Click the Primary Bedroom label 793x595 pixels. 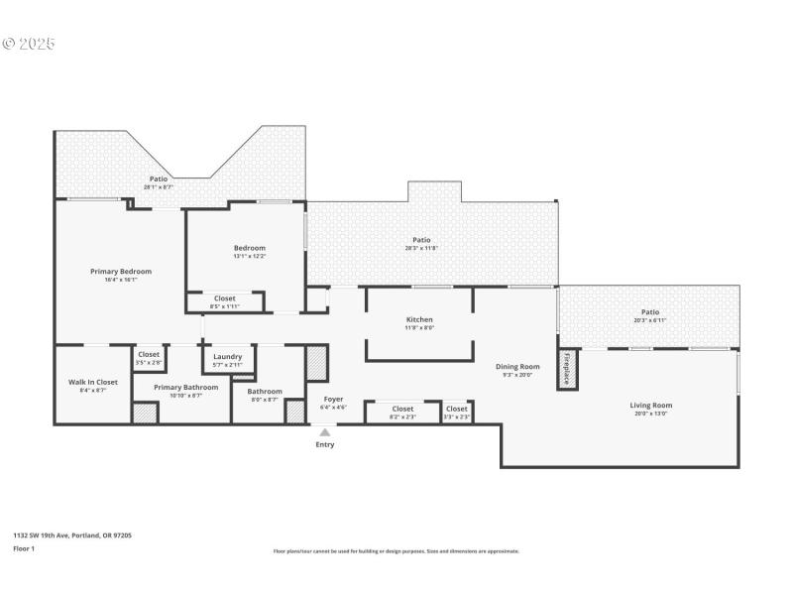121,271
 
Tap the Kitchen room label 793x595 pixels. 419,319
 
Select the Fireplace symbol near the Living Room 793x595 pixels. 567,368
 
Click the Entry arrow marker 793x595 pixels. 324,432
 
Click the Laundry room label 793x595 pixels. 227,356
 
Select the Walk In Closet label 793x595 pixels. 93,382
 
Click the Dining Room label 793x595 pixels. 517,367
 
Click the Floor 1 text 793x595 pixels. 24,547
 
